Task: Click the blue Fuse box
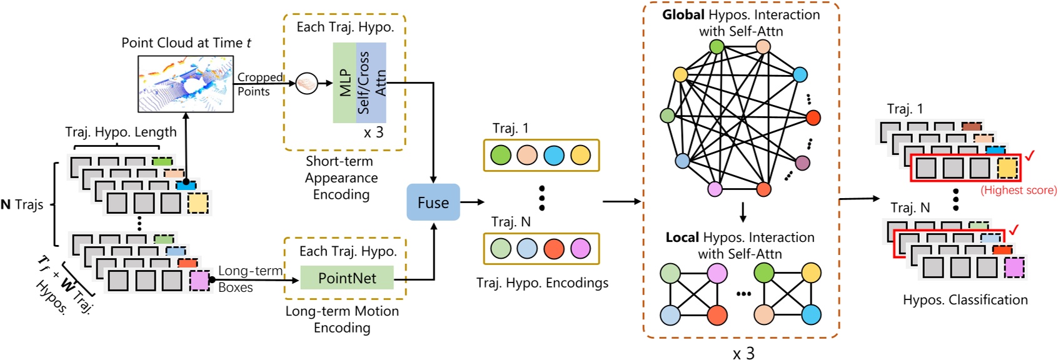433,202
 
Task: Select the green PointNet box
347,278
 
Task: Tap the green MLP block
345,82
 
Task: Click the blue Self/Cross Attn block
371,82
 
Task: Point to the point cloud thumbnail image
186,84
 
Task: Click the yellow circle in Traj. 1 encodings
580,155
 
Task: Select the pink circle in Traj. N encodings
580,249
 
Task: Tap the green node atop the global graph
717,46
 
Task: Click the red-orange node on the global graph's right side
813,117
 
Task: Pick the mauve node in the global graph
803,163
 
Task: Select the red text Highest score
1018,190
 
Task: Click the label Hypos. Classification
965,300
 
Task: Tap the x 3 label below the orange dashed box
743,353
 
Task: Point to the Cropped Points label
258,84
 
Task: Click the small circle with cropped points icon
306,82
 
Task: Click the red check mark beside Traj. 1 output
1029,155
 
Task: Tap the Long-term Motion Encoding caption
342,319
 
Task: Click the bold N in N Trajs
6,204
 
